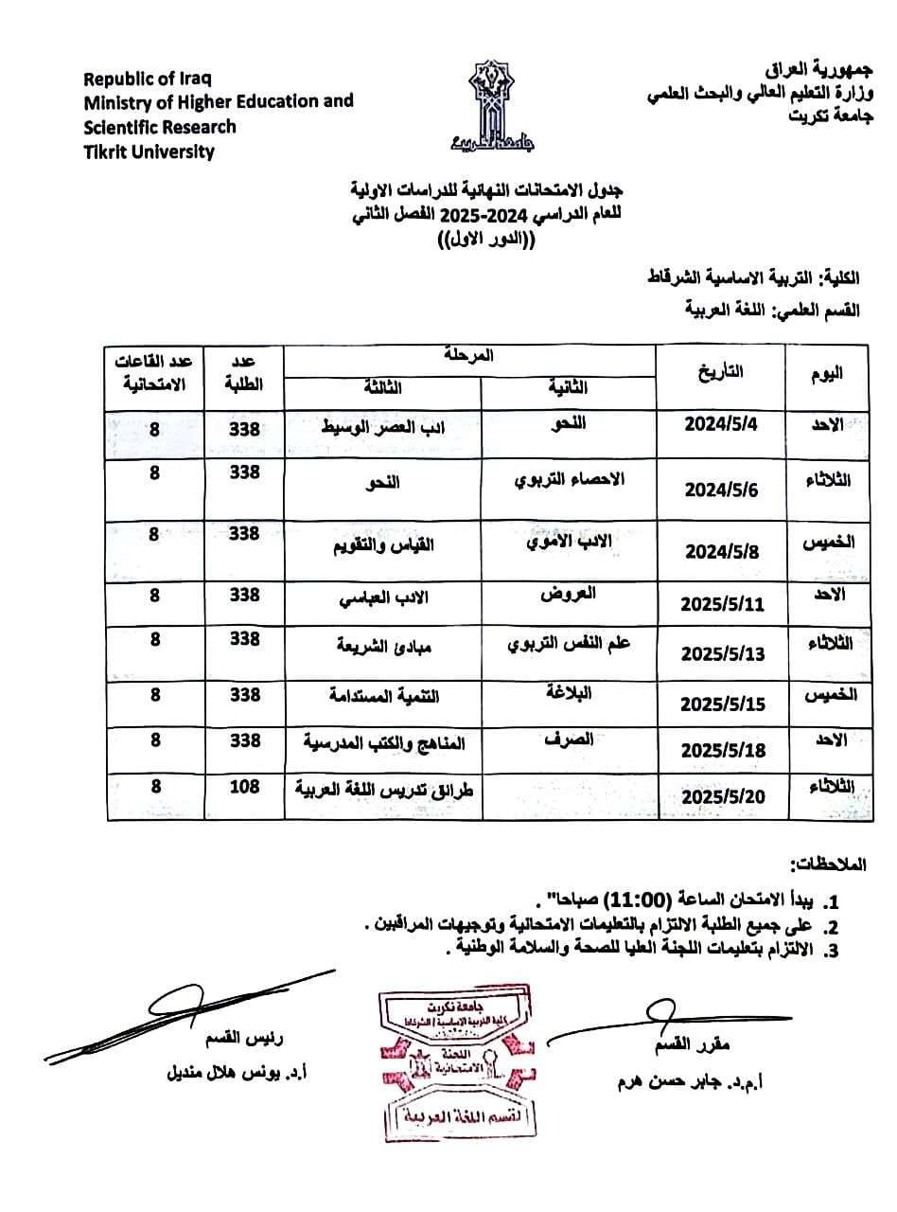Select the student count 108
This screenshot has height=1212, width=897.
click(244, 786)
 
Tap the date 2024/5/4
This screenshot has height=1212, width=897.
click(721, 424)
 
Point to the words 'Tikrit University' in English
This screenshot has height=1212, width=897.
click(149, 151)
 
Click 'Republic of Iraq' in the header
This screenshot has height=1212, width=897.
click(147, 79)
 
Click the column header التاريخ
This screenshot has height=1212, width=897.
click(719, 372)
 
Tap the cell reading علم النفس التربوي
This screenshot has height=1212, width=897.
click(570, 643)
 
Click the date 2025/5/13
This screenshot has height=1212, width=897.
click(722, 654)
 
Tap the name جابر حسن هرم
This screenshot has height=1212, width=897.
click(688, 1081)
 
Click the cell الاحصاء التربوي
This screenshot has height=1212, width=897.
click(569, 479)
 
